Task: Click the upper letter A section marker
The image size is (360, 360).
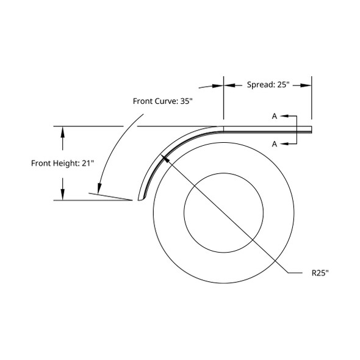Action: pyautogui.click(x=275, y=115)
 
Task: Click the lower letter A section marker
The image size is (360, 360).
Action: pyautogui.click(x=275, y=144)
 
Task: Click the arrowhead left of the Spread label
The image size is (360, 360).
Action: pyautogui.click(x=220, y=86)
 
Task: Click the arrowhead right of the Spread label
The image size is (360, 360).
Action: pyautogui.click(x=308, y=85)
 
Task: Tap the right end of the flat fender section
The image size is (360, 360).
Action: pyautogui.click(x=311, y=129)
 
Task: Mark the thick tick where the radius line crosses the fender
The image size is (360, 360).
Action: pyautogui.click(x=163, y=157)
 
